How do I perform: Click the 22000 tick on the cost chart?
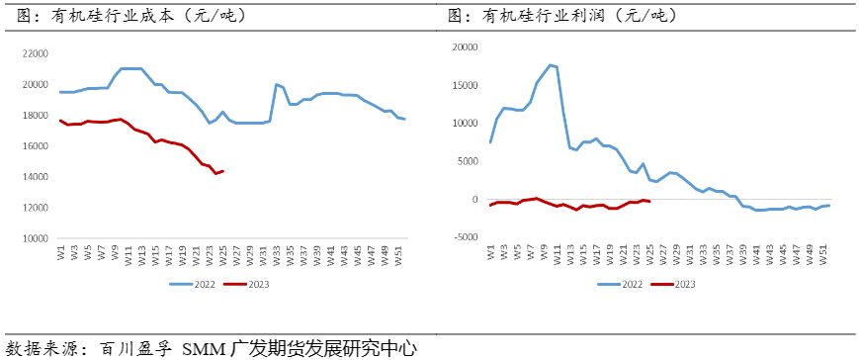click(34, 53)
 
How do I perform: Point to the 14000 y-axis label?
click(34, 177)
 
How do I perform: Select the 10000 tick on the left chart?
click(34, 238)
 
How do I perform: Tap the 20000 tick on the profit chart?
click(463, 46)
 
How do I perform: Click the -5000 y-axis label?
click(465, 237)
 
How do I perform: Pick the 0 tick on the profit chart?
click(473, 199)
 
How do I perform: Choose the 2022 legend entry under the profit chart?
click(622, 284)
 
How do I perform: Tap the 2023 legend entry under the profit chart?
click(675, 284)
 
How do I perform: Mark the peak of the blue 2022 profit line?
click(550, 65)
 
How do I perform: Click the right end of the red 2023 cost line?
click(222, 171)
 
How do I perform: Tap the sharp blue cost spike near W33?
click(276, 85)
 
